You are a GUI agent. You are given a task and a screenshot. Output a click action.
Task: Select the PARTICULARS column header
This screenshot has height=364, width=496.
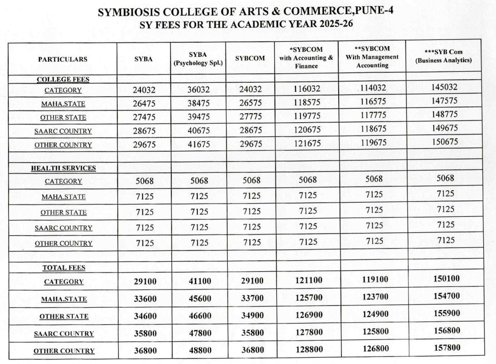[63, 59]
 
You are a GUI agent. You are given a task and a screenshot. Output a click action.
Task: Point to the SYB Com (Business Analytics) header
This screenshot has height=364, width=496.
[444, 56]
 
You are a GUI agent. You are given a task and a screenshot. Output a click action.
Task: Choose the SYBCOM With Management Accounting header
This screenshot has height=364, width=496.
[372, 56]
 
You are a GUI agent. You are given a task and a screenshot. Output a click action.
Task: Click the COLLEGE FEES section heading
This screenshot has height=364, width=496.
[63, 79]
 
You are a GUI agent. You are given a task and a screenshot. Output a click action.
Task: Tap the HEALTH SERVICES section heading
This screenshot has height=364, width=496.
[63, 168]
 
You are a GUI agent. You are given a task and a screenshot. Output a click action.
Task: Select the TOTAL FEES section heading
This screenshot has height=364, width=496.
[64, 268]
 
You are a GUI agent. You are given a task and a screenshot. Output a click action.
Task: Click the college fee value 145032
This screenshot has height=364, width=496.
[444, 87]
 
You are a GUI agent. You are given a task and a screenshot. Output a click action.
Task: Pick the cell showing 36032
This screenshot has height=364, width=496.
[199, 90]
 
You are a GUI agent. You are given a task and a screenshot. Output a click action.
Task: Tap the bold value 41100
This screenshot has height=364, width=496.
[200, 281]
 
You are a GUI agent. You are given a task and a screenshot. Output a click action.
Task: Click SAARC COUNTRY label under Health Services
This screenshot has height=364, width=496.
[63, 228]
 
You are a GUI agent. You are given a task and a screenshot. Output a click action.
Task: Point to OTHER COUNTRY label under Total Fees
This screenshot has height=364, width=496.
[64, 350]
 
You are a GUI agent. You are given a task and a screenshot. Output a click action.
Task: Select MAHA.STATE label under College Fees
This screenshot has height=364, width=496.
[63, 104]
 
